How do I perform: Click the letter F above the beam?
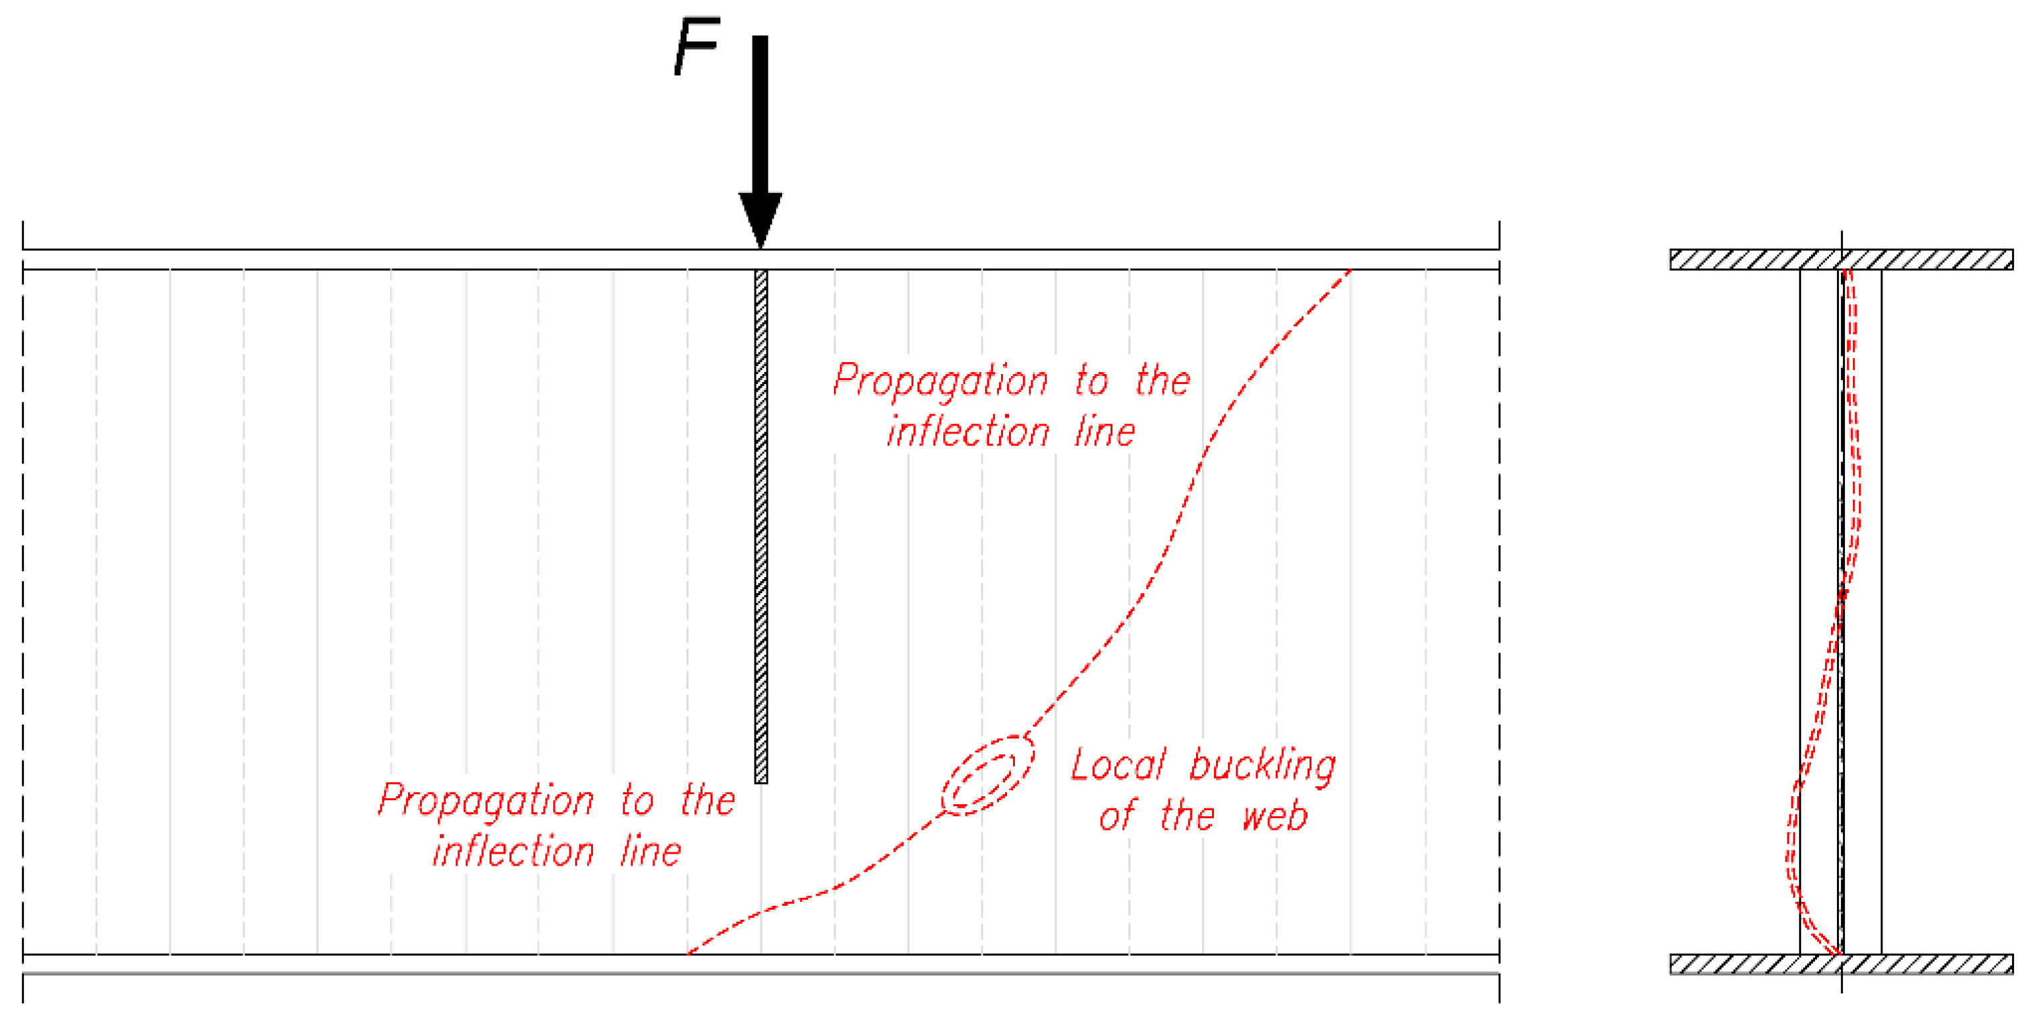click(x=696, y=47)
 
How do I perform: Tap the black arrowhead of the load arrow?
click(x=761, y=217)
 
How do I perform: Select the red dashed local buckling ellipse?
click(x=987, y=776)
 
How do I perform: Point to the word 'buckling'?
click(x=1262, y=767)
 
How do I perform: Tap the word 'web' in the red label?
click(x=1274, y=816)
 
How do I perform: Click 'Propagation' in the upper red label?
click(x=940, y=382)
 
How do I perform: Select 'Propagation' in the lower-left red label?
click(x=485, y=802)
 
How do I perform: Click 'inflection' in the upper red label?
click(x=968, y=433)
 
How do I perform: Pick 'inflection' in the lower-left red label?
click(x=514, y=852)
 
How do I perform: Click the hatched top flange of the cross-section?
click(x=1840, y=260)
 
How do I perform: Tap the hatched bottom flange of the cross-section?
click(x=1840, y=964)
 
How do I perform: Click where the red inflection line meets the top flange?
click(x=1350, y=271)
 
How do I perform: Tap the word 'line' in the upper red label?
click(x=1104, y=433)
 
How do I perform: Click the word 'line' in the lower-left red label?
click(x=650, y=852)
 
